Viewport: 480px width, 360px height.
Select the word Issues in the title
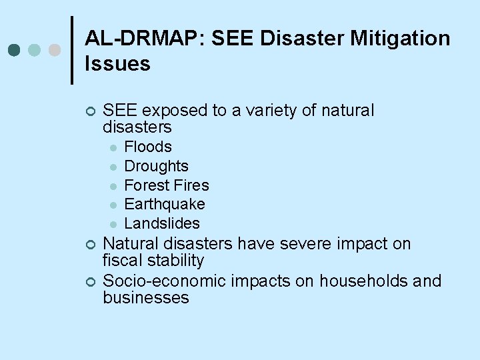coord(117,64)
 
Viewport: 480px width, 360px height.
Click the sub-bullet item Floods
coord(148,147)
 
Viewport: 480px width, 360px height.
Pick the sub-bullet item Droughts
coord(157,166)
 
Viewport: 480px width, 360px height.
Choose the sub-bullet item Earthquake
coord(165,204)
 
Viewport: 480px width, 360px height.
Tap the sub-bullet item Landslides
coord(162,223)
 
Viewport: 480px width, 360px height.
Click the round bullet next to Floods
coord(114,148)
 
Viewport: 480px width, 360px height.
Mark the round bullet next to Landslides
coord(114,225)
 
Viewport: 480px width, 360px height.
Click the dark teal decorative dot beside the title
coord(15,50)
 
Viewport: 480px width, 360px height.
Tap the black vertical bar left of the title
coord(71,50)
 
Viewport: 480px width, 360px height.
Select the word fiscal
coord(121,261)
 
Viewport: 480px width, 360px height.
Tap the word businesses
coord(146,298)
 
